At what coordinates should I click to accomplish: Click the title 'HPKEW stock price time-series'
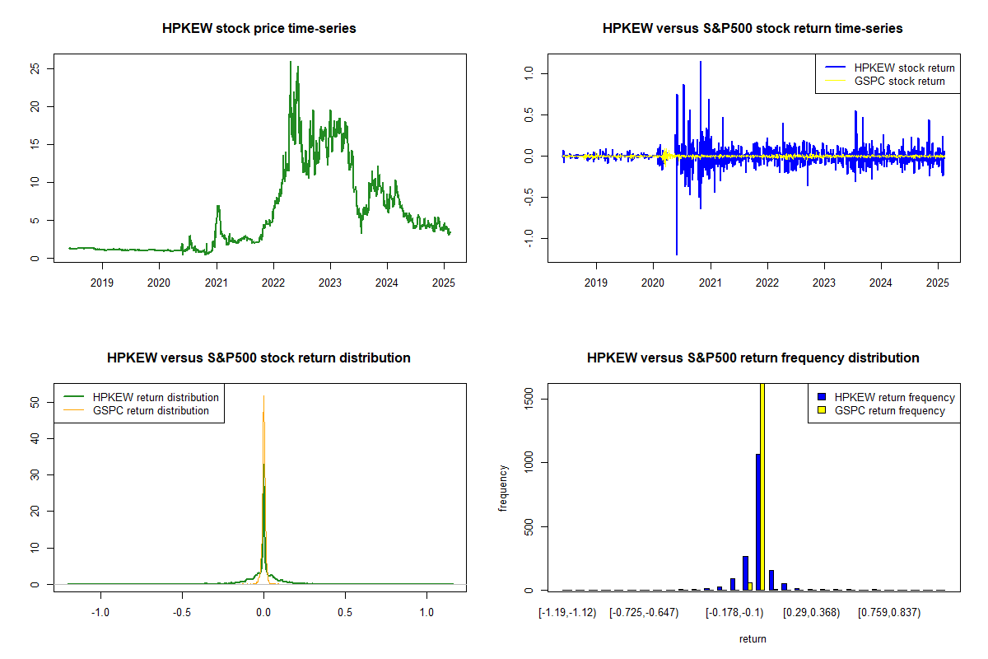click(259, 29)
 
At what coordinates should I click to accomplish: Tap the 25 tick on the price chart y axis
click(35, 69)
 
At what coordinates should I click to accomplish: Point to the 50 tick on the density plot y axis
click(35, 403)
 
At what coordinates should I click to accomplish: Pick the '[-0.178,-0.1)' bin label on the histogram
click(734, 614)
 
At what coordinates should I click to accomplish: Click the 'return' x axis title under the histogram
click(753, 639)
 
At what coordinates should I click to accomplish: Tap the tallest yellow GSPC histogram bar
click(762, 486)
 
